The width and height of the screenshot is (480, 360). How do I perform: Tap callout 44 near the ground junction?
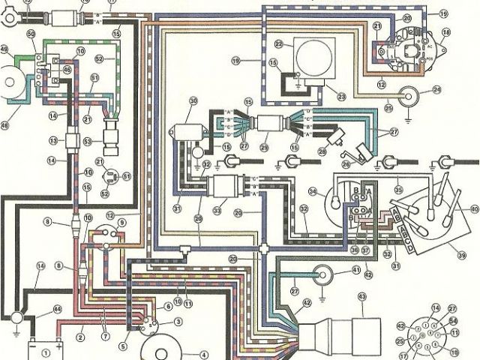[x=57, y=310]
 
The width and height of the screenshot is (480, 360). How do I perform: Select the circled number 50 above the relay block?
[x=31, y=35]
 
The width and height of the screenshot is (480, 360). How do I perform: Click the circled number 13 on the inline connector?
[x=53, y=140]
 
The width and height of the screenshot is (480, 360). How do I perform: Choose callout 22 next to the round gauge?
[x=277, y=43]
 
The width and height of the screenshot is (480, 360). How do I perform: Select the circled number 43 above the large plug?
[x=363, y=297]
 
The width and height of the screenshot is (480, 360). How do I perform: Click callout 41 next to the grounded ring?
[x=355, y=270]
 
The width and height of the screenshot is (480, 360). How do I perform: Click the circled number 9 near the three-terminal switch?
[x=122, y=223]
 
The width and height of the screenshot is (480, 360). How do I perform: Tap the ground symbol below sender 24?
[x=407, y=113]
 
